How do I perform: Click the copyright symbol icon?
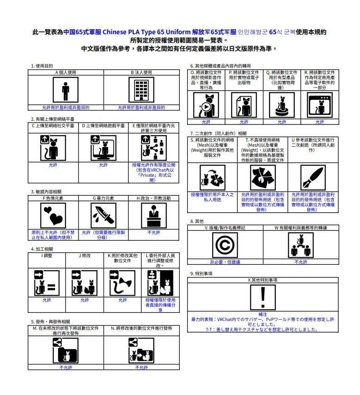[x=226, y=245]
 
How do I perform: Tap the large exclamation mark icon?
[x=262, y=297]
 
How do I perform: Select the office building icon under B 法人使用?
[x=141, y=90]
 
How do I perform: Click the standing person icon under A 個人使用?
[x=65, y=90]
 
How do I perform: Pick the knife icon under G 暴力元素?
[x=103, y=216]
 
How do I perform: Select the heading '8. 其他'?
[x=197, y=222]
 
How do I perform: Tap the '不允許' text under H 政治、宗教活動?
[x=153, y=233]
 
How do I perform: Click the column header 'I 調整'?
[x=47, y=255]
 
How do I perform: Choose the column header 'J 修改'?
[x=85, y=255]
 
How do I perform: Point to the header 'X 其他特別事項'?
[x=262, y=280]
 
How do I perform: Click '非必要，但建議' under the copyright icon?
[x=226, y=262]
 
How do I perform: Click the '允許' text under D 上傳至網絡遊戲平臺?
[x=104, y=165]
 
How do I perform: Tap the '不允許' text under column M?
[x=66, y=367]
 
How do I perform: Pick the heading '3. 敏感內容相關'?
[x=46, y=191]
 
